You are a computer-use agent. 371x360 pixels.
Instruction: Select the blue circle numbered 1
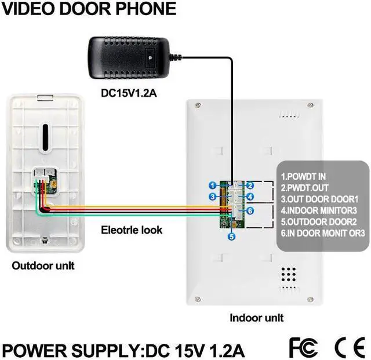pos(213,185)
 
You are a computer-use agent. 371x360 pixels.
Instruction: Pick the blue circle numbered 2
pos(250,186)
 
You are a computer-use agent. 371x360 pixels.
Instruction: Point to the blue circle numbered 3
pos(213,197)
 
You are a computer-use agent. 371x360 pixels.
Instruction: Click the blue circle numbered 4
pos(250,198)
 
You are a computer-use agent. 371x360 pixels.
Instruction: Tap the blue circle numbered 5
pos(231,236)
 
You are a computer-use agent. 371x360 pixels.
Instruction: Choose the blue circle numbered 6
pos(250,211)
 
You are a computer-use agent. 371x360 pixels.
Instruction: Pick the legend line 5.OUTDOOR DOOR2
pos(318,221)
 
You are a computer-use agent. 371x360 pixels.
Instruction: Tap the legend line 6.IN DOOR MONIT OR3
pos(323,233)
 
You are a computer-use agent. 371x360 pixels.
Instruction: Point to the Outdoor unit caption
pos(43,266)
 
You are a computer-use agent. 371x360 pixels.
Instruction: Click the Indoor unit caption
pos(257,318)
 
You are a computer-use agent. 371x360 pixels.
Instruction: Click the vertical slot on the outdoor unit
pos(44,136)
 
